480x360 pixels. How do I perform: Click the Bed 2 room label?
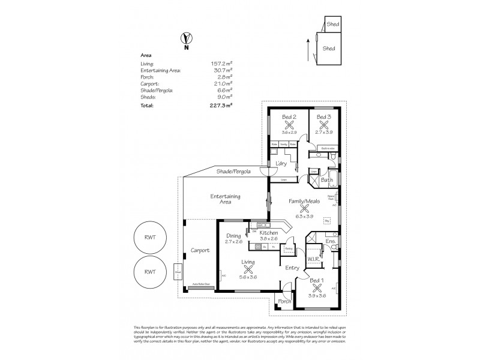(x=289, y=116)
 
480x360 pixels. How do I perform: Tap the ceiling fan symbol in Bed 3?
(x=324, y=125)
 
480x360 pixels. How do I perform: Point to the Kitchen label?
(x=268, y=232)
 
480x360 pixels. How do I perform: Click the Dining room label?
(x=233, y=235)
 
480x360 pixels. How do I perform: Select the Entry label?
(x=292, y=268)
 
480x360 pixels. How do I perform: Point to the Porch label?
(x=284, y=302)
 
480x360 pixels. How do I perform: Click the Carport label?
(x=200, y=250)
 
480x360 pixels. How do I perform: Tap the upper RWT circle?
(x=150, y=237)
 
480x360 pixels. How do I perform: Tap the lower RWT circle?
(x=150, y=271)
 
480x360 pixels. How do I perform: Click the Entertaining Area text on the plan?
(x=226, y=200)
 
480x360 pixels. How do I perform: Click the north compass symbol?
(x=185, y=41)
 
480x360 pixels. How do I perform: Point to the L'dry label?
(x=280, y=164)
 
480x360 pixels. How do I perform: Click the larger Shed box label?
(x=329, y=48)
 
